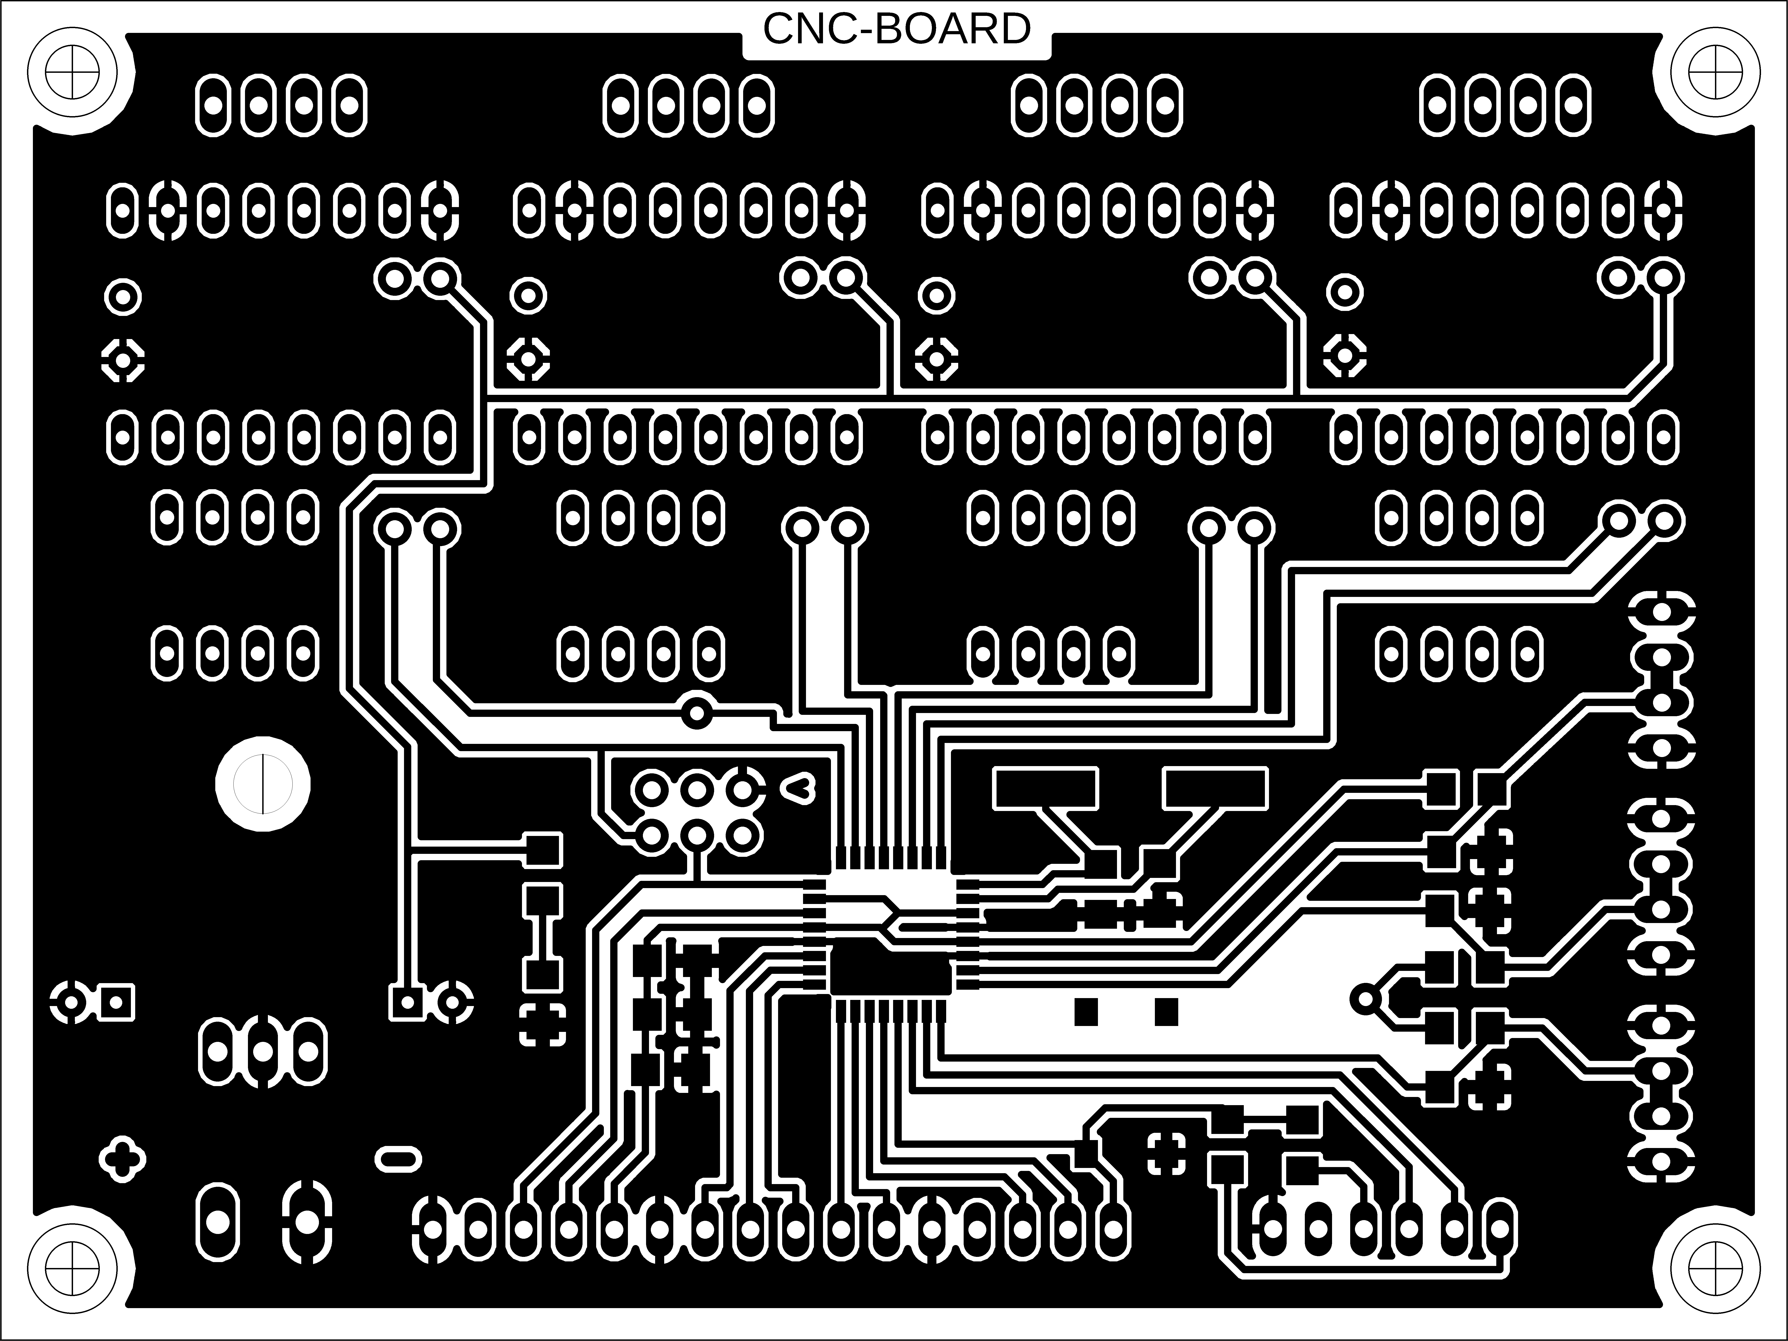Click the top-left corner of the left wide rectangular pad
pyautogui.click(x=995, y=769)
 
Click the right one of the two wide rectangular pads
pyautogui.click(x=1215, y=788)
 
